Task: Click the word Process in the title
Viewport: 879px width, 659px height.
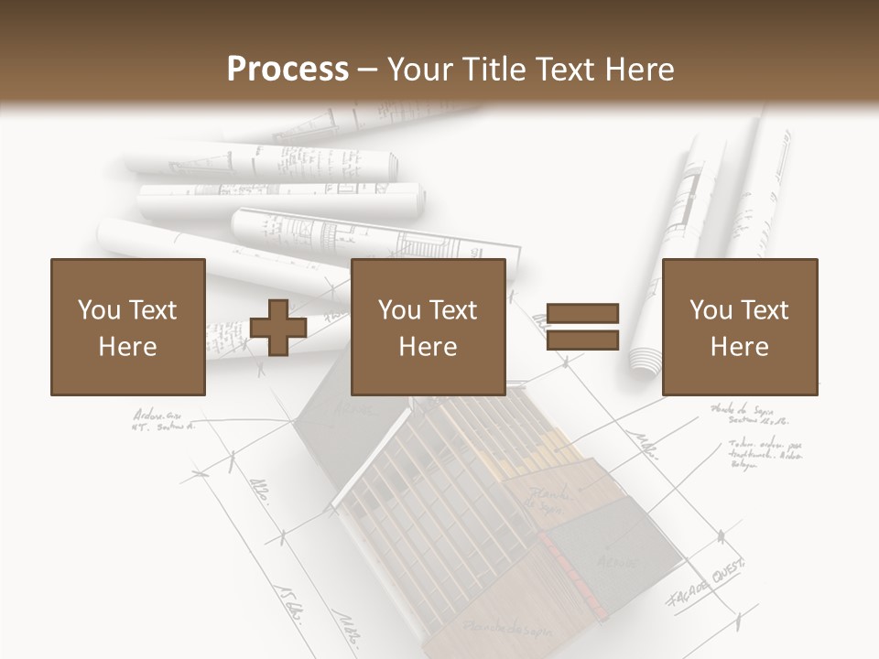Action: pos(288,70)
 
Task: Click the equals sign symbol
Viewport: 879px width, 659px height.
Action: pos(583,328)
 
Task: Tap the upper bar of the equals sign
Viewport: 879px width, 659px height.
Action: pos(583,315)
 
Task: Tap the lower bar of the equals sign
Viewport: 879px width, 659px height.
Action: pos(583,340)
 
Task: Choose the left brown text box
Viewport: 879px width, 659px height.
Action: pos(127,327)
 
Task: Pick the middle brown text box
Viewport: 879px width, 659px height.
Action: pos(428,327)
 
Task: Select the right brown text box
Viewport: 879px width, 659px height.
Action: pos(739,327)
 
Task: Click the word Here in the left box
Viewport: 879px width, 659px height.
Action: pos(127,347)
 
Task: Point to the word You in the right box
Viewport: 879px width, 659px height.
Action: pos(711,310)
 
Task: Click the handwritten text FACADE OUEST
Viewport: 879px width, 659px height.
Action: pos(707,580)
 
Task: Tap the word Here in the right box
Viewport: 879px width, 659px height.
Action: pos(739,347)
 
